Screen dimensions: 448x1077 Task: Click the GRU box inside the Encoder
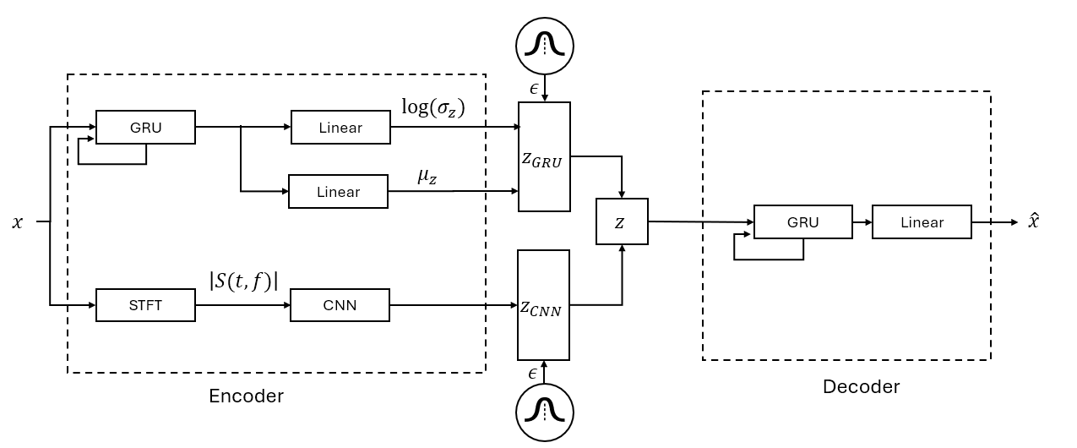[145, 128]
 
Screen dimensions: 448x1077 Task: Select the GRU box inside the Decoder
[802, 222]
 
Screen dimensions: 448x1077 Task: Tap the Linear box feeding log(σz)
[340, 128]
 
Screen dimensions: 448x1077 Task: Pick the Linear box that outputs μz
[338, 192]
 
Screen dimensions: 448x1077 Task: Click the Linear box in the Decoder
[922, 222]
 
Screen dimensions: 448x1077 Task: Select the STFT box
[145, 305]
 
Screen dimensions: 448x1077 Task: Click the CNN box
[340, 305]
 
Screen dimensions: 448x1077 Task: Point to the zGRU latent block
[544, 156]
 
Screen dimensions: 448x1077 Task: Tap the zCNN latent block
[544, 305]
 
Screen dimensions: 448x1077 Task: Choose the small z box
[622, 221]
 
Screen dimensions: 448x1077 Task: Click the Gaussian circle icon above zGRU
[545, 44]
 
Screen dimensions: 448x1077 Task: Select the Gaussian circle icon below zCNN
[545, 412]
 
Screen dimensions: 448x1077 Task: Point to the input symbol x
[18, 222]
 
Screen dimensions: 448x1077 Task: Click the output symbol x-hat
[1034, 221]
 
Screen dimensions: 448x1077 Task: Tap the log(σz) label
[432, 108]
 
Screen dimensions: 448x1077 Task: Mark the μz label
[427, 177]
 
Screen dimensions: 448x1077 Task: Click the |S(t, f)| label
[243, 281]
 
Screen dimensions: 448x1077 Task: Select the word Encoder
[246, 396]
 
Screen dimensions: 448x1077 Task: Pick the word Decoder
[861, 386]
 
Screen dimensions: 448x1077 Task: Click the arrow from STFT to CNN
[242, 305]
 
